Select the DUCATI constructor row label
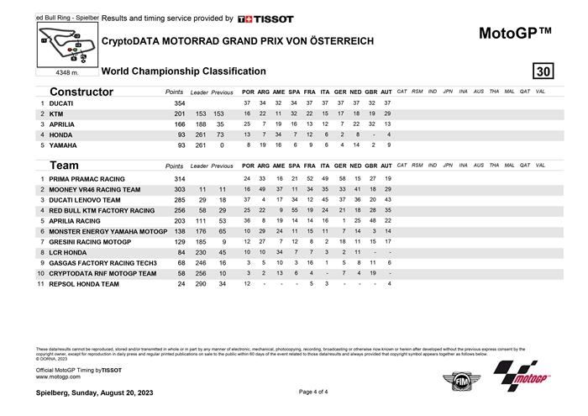[66, 102]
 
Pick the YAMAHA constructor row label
[68, 145]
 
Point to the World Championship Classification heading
[184, 71]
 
